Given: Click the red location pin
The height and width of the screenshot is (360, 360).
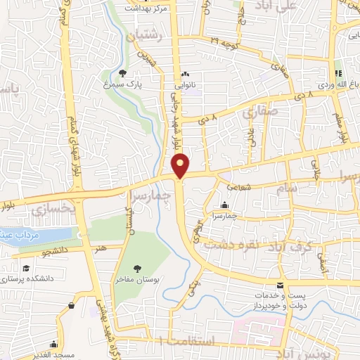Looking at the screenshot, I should pos(181,165).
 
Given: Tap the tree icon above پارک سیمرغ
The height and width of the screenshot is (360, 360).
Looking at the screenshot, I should pos(124,72).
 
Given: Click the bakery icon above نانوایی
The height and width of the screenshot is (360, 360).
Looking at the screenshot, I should pos(186,73).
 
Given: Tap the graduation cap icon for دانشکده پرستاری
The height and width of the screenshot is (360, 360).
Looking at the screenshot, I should pos(26,269).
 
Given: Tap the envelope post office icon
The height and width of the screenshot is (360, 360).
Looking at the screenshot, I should pos(281,285).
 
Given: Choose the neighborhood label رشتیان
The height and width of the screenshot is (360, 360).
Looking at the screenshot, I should pos(146,34).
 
